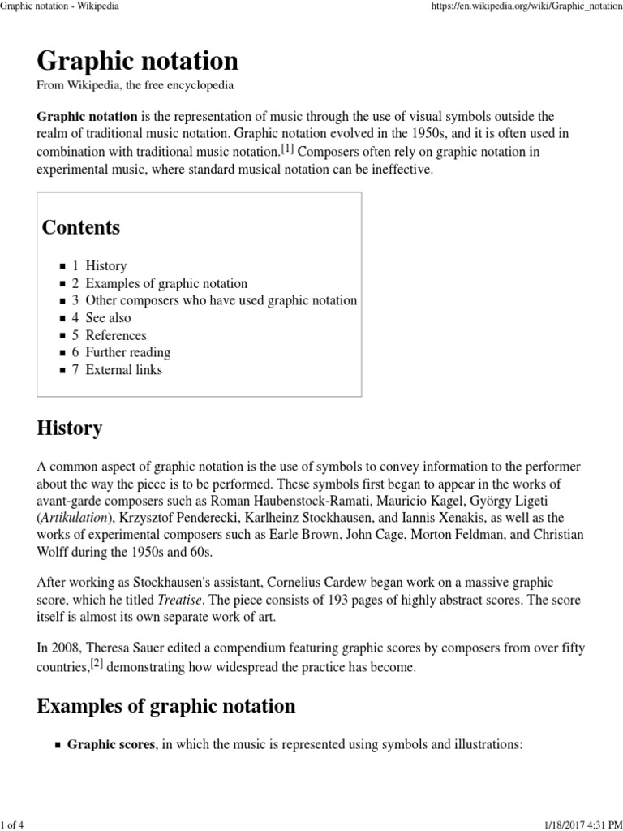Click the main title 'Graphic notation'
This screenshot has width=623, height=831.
point(138,61)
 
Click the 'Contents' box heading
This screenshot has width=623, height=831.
point(81,227)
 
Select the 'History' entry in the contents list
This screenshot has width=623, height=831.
point(105,265)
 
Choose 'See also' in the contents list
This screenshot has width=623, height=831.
point(108,317)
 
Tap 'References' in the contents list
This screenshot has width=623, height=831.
point(115,335)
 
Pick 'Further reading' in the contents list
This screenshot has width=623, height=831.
point(127,352)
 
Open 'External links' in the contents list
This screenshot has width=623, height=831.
point(123,370)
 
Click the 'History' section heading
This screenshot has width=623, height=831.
point(70,428)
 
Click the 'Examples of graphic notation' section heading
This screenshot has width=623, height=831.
point(166,706)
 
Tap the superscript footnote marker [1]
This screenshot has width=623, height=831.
point(287,149)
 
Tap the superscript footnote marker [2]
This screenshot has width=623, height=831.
point(97,665)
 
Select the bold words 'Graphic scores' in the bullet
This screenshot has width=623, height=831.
point(111,744)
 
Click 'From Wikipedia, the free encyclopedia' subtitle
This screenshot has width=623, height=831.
point(135,85)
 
